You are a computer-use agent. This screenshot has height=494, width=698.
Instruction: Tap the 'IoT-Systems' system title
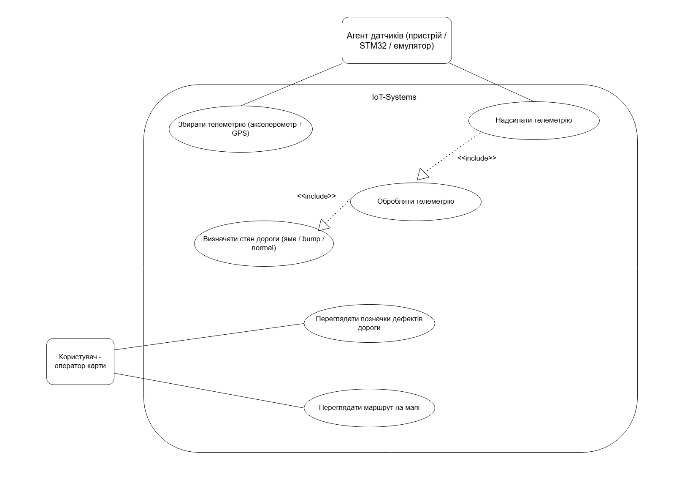[391, 97]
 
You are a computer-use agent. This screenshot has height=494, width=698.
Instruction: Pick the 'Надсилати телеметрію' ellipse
[533, 120]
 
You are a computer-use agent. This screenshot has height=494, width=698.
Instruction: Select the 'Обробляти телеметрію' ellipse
[416, 201]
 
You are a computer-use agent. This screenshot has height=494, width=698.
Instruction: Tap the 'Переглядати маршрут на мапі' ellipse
[369, 408]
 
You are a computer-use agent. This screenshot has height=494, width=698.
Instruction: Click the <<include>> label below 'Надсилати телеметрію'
[477, 158]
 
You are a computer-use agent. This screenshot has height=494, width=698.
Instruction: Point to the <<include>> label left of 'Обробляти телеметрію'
[317, 196]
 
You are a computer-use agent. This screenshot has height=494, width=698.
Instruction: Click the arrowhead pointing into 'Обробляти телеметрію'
[422, 174]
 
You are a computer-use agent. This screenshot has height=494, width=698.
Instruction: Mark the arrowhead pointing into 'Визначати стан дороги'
[324, 225]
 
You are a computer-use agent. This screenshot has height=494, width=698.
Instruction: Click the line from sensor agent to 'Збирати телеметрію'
[291, 85]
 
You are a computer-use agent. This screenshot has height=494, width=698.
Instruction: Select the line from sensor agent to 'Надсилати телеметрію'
[492, 83]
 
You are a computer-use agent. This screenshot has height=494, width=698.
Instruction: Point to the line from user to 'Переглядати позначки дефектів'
[209, 337]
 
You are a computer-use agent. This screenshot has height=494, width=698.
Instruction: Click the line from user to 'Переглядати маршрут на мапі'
[209, 390]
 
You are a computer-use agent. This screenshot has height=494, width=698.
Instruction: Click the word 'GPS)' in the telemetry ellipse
[241, 134]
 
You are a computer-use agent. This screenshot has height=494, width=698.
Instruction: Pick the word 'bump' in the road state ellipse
[311, 239]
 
